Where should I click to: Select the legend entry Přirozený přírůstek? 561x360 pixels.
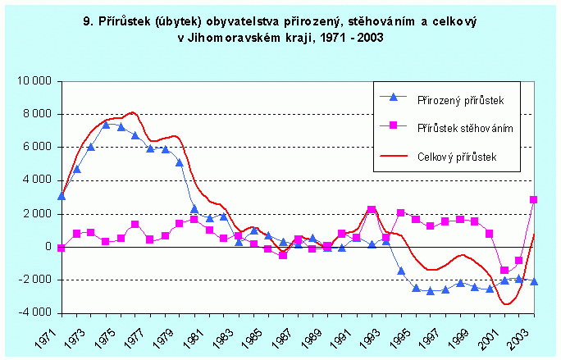[x=459, y=98]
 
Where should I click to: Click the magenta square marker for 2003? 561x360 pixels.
[x=533, y=199]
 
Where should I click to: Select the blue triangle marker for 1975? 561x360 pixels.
[x=105, y=125]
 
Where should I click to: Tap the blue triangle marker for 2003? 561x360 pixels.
[x=533, y=281]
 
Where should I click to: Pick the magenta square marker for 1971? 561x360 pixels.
[x=62, y=247]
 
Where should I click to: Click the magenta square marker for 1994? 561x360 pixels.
[x=386, y=238]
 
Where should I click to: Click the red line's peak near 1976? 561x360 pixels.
[x=133, y=112]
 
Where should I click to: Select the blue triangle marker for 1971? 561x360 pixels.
[x=62, y=196]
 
